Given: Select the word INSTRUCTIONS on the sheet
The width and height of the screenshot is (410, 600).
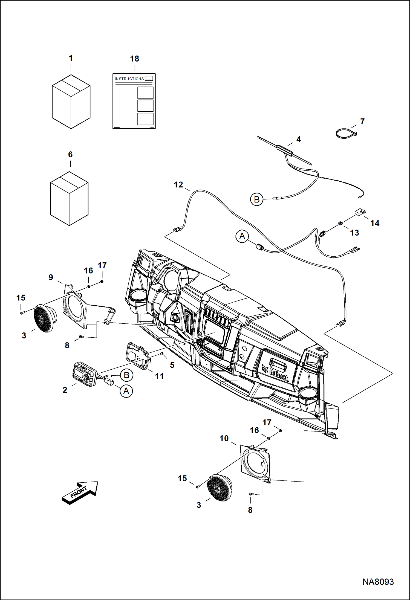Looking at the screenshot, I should [129, 79].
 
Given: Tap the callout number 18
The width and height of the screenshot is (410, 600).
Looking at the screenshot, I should [134, 59].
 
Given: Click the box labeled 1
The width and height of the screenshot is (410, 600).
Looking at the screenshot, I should [71, 102].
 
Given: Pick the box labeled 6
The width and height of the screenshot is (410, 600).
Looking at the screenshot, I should [69, 198].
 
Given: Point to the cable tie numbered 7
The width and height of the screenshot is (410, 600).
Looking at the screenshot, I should [346, 134].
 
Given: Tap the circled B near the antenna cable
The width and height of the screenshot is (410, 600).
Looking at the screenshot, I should [256, 199].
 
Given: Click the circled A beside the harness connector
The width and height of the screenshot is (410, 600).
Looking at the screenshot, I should [242, 236].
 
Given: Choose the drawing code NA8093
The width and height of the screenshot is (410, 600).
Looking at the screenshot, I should [378, 582].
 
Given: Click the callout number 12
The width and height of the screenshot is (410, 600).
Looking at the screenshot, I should [178, 185].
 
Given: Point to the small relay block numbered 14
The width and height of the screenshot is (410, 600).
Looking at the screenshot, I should [360, 212].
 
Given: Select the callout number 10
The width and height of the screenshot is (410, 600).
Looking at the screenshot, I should [224, 438].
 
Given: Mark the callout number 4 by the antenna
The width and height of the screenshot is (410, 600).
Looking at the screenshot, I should [298, 139].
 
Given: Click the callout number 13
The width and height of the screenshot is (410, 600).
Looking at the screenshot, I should [354, 233].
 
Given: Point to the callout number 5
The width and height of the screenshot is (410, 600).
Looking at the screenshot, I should [172, 365].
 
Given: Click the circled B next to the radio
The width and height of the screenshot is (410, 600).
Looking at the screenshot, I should [126, 375].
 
